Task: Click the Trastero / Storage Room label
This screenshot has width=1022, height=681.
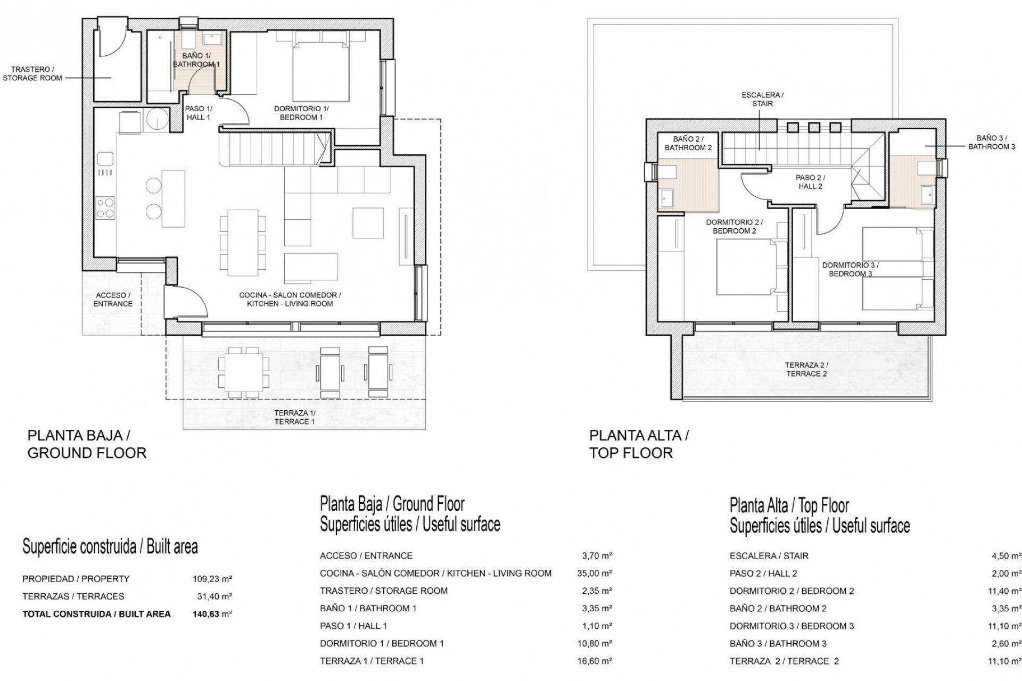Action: (x=32, y=73)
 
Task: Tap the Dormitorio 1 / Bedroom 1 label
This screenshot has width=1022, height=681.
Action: (x=298, y=113)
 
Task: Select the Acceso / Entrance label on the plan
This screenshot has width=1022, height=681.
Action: (x=113, y=300)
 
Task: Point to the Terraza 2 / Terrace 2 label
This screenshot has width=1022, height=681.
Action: (x=806, y=369)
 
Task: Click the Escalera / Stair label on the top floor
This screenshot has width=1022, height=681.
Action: (x=762, y=99)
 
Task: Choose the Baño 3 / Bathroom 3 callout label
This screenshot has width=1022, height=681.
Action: (x=992, y=142)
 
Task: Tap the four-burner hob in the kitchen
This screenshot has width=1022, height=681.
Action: (x=105, y=207)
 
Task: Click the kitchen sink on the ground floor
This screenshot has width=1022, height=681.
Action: (x=105, y=159)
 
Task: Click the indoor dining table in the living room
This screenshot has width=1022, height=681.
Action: (x=242, y=243)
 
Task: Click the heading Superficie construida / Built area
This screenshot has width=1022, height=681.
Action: (x=110, y=546)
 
